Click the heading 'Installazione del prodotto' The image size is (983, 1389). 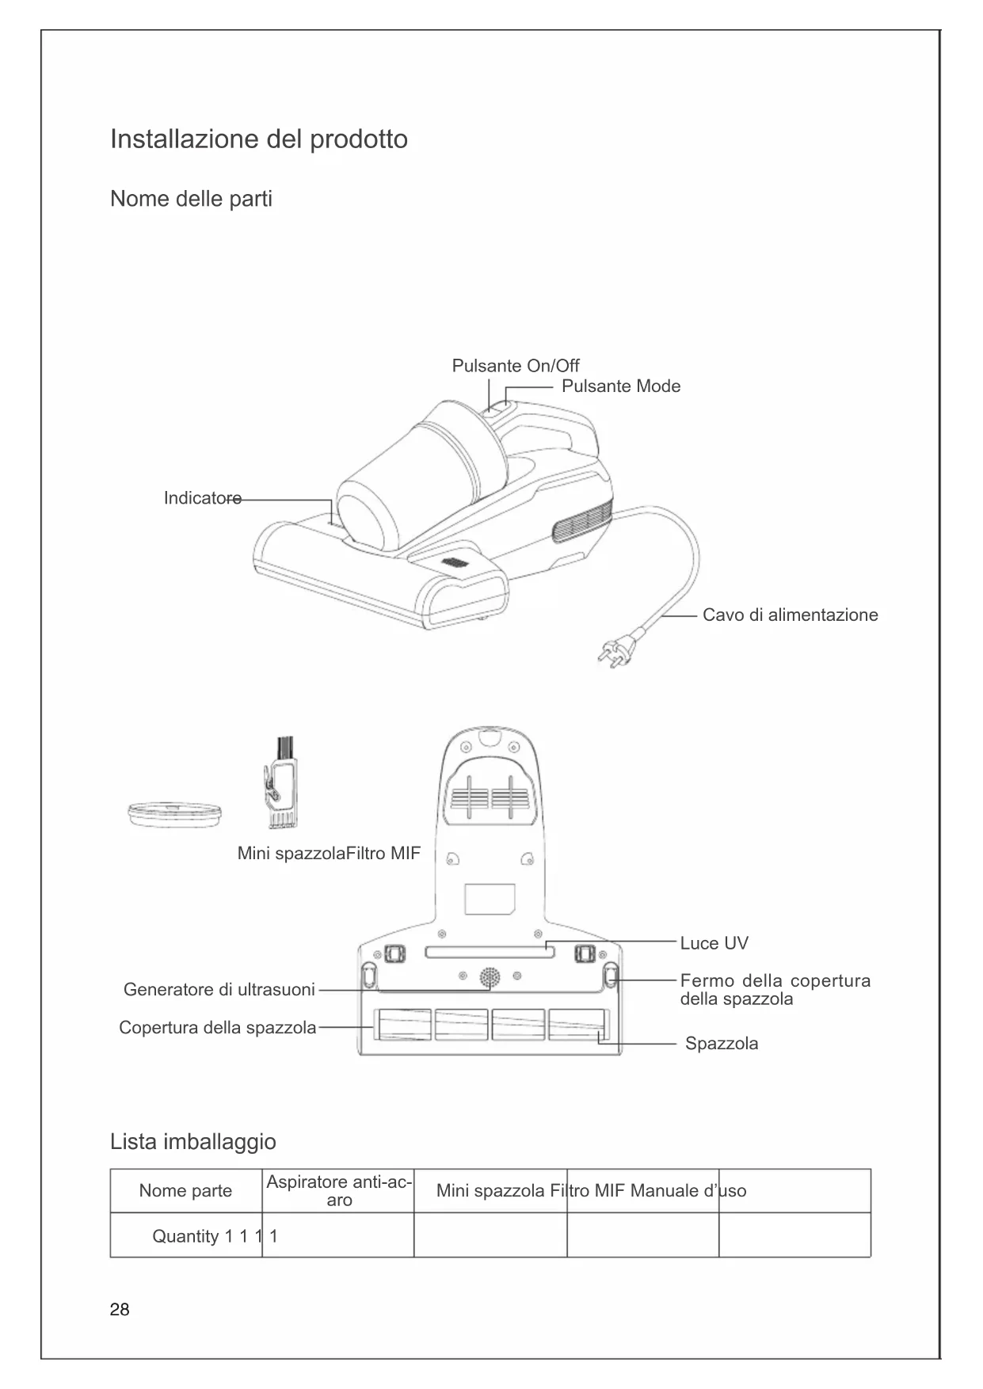pyautogui.click(x=259, y=139)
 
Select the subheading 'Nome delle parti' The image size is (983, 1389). pyautogui.click(x=191, y=199)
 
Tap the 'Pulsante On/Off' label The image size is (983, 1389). pyautogui.click(x=515, y=366)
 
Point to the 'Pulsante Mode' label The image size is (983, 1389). pyautogui.click(x=621, y=386)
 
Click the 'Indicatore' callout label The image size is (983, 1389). pyautogui.click(x=202, y=498)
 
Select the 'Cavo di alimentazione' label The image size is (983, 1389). pyautogui.click(x=790, y=615)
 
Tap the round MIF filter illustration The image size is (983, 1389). pyautogui.click(x=174, y=814)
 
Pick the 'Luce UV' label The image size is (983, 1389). pyautogui.click(x=714, y=943)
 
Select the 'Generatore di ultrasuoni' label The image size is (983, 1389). pyautogui.click(x=219, y=990)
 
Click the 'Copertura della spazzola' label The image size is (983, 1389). pyautogui.click(x=217, y=1028)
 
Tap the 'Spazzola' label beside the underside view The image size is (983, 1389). pyautogui.click(x=721, y=1044)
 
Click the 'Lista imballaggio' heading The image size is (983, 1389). pyautogui.click(x=193, y=1142)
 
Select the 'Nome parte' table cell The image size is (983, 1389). pyautogui.click(x=185, y=1191)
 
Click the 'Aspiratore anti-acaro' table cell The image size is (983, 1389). pyautogui.click(x=338, y=1191)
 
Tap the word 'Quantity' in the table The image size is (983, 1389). pyautogui.click(x=185, y=1237)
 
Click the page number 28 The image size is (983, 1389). pyautogui.click(x=120, y=1310)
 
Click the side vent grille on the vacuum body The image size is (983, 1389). pyautogui.click(x=583, y=520)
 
